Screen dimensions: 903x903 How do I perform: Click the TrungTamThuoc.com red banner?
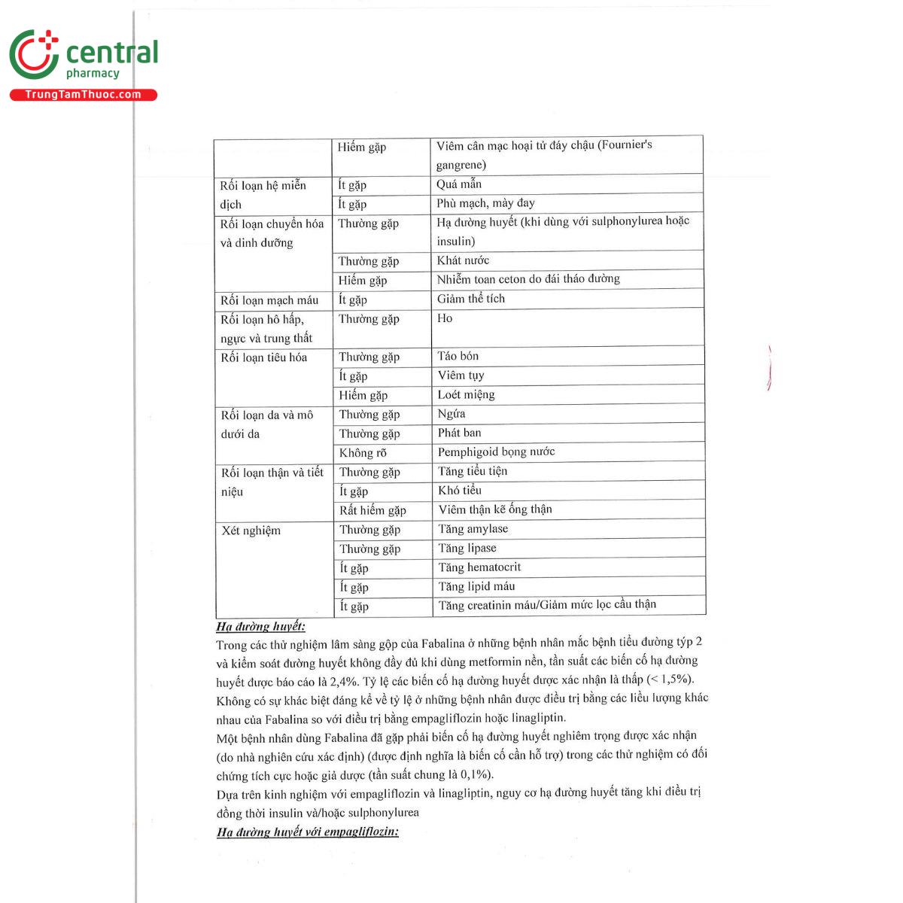pos(84,95)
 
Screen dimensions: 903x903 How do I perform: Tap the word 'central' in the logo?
pos(112,53)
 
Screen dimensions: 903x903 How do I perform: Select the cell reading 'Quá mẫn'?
pos(459,184)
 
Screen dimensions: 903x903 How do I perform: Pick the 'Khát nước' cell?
pos(463,260)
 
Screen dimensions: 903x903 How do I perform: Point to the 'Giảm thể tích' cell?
pos(471,299)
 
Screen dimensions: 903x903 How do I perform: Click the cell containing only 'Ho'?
pos(445,318)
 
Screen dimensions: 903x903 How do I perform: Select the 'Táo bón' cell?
pos(458,356)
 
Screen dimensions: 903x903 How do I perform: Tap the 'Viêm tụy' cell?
pos(461,375)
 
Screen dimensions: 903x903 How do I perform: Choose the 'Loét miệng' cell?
pos(467,394)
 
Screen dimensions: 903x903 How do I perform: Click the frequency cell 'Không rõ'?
pos(363,453)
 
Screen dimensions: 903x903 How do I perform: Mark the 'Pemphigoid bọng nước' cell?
pos(497,451)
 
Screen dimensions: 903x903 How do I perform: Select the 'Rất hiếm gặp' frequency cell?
pos(372,510)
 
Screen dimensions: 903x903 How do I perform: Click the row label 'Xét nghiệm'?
pos(251,531)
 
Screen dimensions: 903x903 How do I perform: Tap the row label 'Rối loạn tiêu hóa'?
pos(264,357)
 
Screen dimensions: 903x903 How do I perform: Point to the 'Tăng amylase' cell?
pos(473,529)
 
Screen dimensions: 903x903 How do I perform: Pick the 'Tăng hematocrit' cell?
pos(479,567)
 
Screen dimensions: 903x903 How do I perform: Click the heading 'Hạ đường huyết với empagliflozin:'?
pos(308,832)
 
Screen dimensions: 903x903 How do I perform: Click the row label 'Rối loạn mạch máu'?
pos(269,300)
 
